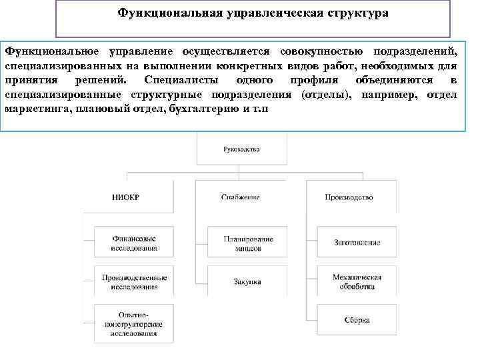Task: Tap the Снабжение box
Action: [240, 197]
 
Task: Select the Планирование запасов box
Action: [240, 243]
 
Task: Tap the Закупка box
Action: [240, 281]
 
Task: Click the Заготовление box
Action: [357, 243]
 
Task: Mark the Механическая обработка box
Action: [357, 281]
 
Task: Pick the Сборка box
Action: [357, 320]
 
